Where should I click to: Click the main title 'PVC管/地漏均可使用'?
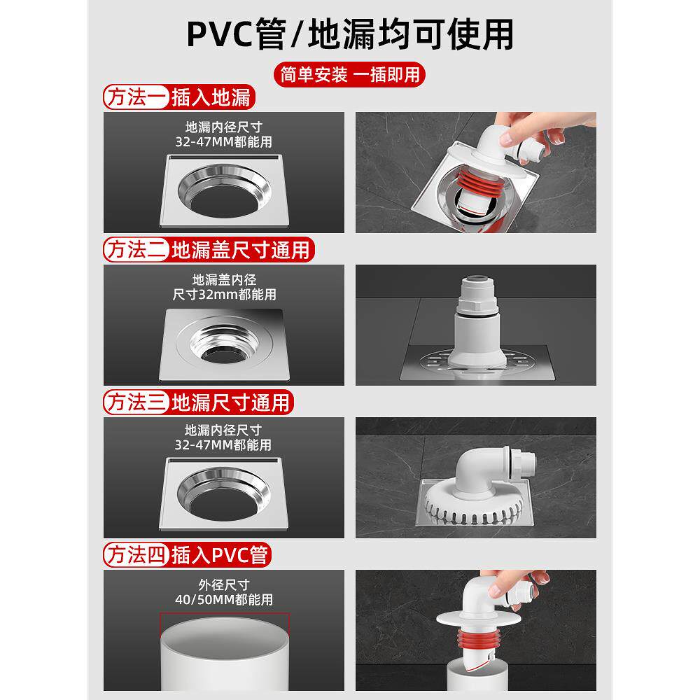point(349,33)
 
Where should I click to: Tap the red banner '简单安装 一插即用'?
point(349,73)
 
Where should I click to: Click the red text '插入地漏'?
point(211,97)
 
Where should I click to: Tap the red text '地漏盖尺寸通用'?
point(241,250)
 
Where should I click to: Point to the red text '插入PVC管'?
point(220,555)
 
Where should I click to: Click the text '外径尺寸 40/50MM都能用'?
point(224,592)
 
